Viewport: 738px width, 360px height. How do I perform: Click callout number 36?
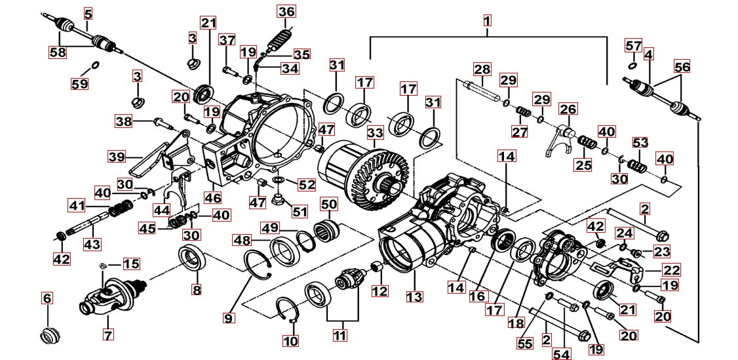286,12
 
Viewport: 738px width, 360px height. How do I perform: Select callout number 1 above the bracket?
488,20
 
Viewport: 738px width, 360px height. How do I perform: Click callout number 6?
47,299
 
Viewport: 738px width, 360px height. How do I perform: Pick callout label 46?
213,197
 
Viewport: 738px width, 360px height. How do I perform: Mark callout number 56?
682,67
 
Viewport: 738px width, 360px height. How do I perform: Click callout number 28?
482,70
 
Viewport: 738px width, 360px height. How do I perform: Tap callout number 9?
229,319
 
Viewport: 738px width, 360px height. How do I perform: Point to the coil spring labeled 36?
284,36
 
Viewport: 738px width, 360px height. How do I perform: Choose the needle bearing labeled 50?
328,230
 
